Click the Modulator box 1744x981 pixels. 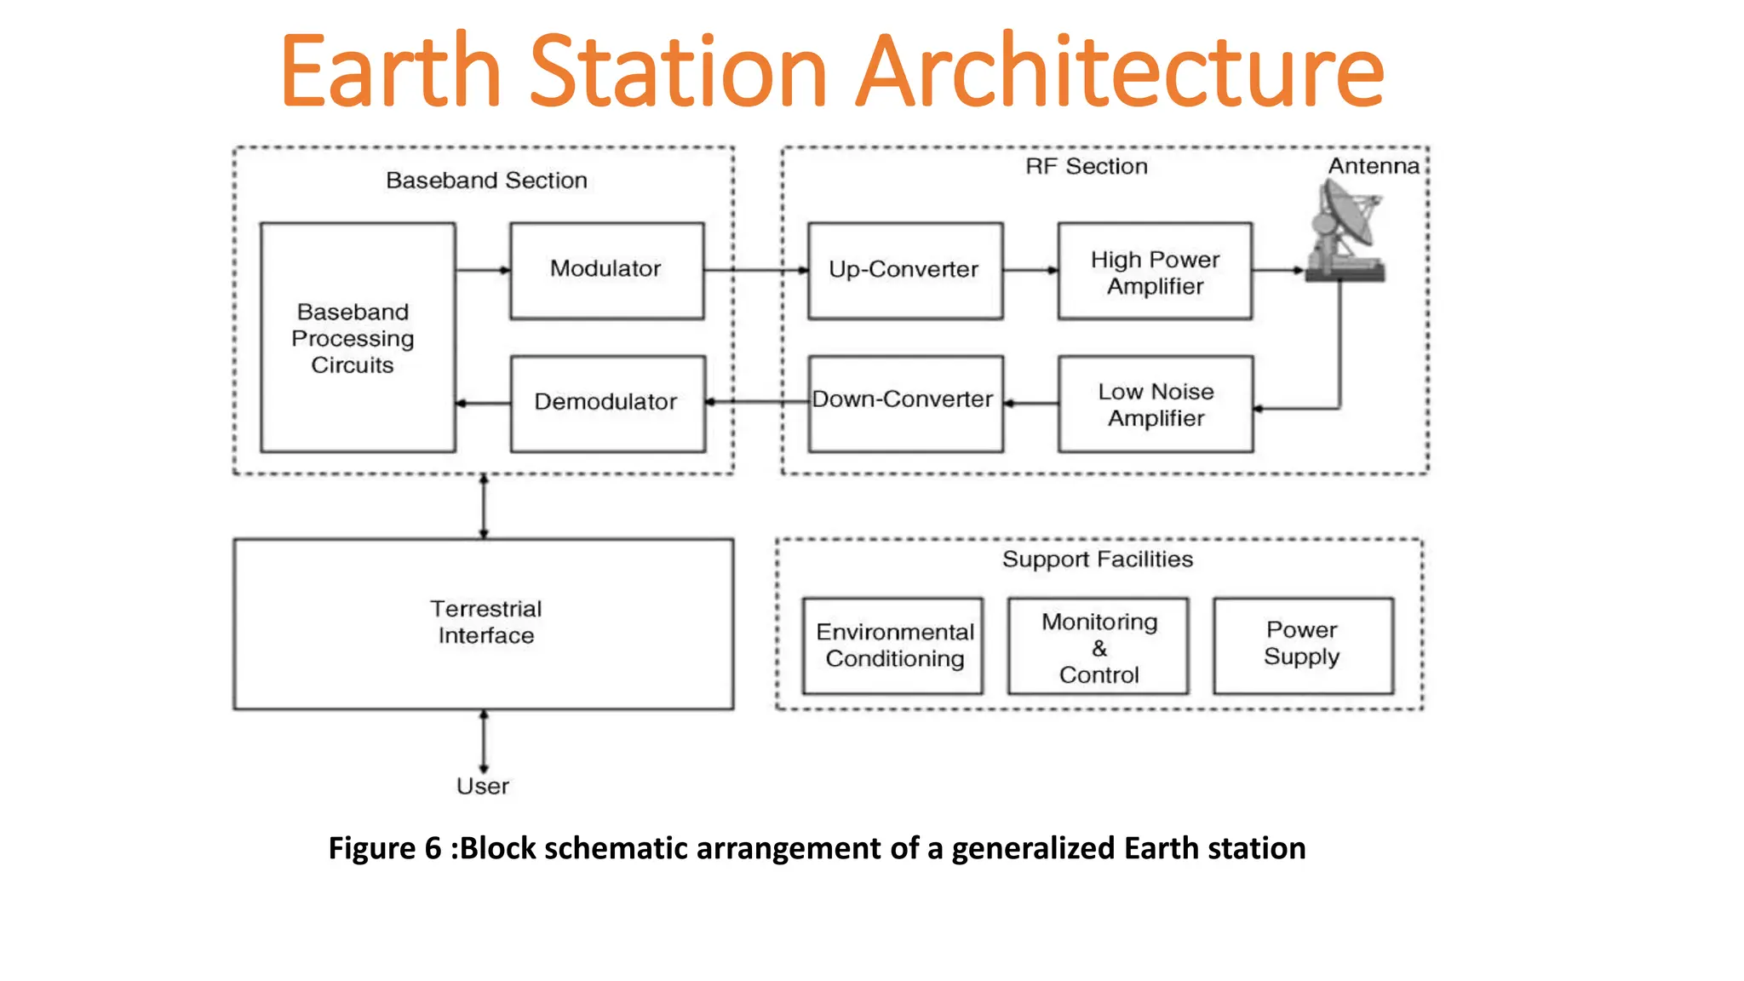[x=606, y=271]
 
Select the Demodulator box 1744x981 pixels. [x=606, y=403]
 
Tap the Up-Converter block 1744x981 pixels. [x=904, y=271]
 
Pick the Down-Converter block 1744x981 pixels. [x=904, y=403]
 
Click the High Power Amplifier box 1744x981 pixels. [x=1155, y=272]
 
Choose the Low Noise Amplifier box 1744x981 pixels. [x=1155, y=404]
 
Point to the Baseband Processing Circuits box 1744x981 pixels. [x=357, y=338]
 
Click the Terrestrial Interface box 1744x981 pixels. [x=484, y=623]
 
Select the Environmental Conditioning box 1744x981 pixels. [x=892, y=645]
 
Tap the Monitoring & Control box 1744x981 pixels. [x=1098, y=647]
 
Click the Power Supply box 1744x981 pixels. [x=1302, y=645]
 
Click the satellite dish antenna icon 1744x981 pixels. [x=1345, y=232]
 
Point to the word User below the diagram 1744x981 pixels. [x=482, y=786]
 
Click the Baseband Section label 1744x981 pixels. [x=486, y=181]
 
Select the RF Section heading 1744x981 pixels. [x=1086, y=166]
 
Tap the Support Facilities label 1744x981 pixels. [x=1097, y=559]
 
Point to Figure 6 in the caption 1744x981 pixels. [x=385, y=848]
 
